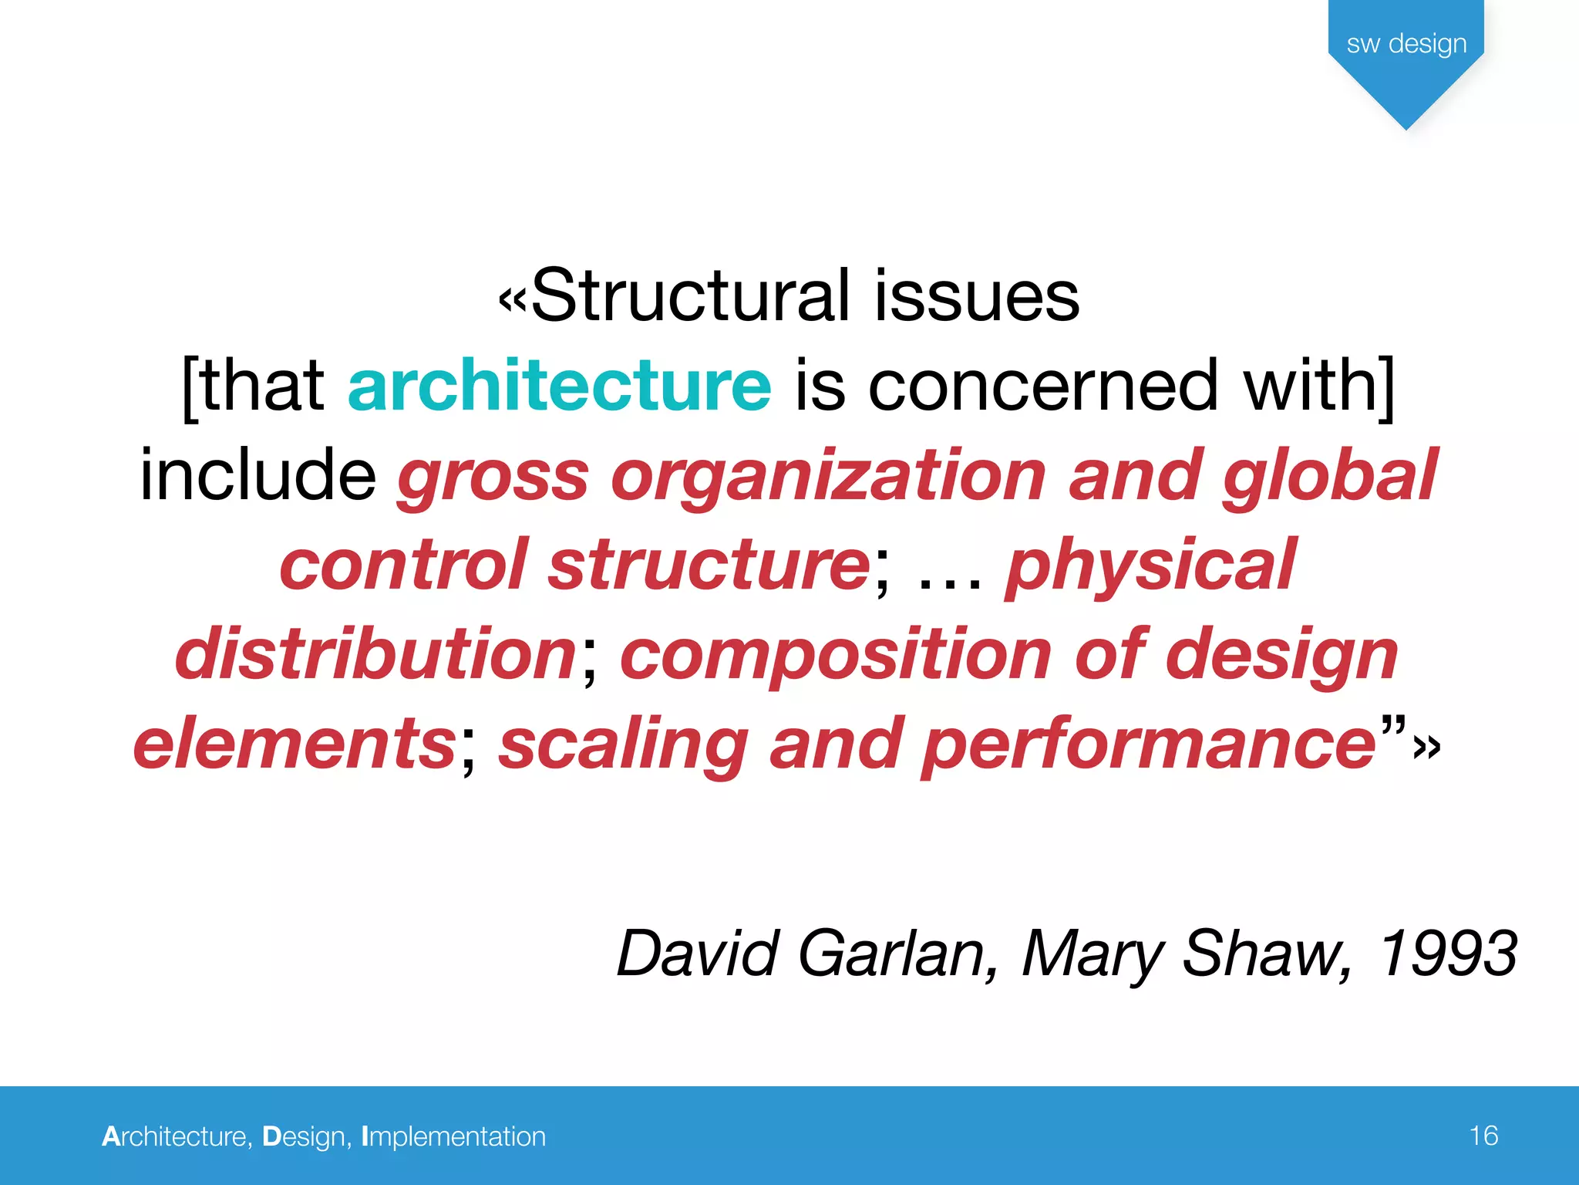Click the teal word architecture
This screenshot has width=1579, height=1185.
[559, 385]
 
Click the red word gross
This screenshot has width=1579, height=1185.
[493, 477]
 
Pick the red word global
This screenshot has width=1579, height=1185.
[1330, 475]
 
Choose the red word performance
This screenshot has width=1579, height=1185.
[1149, 744]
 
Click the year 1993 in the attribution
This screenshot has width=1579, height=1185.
[1447, 954]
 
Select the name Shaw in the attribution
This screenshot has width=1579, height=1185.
[1264, 954]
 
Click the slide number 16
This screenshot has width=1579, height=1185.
[1483, 1136]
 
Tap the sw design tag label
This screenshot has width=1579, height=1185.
[1406, 44]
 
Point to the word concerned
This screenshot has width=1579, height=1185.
[1043, 385]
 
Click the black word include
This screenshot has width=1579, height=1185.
[258, 475]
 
